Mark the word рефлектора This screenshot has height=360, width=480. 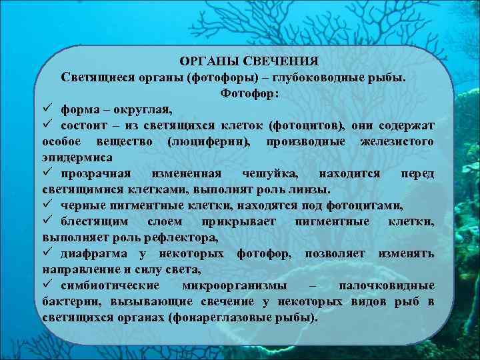tap(184, 237)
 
